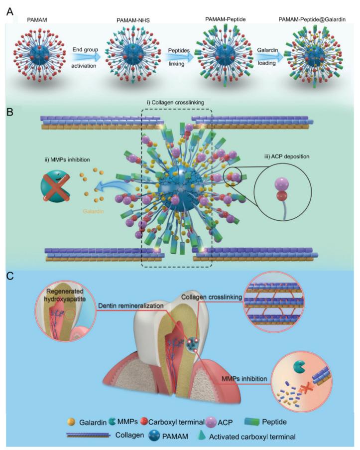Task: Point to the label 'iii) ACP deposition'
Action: tap(287, 156)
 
